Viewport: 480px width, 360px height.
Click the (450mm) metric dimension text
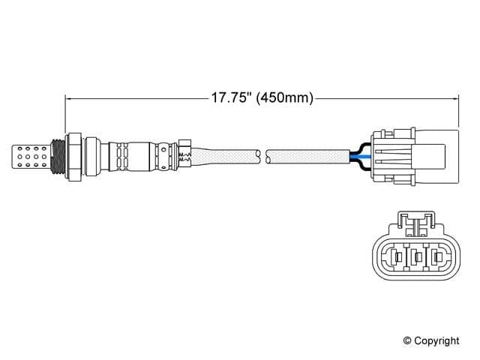(x=284, y=98)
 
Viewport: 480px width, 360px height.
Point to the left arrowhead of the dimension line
(x=70, y=98)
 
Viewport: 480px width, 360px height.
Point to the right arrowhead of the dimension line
(x=454, y=98)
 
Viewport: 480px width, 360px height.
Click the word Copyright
(x=436, y=341)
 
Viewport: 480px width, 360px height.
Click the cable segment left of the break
(x=225, y=155)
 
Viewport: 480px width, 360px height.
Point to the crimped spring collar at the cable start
(x=185, y=154)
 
